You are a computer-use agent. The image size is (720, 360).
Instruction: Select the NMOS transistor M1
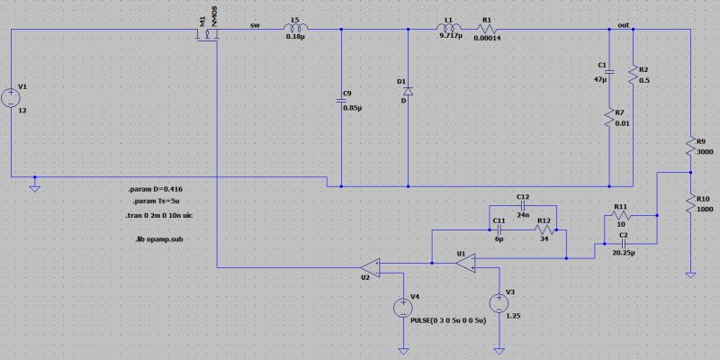point(210,34)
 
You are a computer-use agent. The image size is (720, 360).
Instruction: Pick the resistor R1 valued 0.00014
point(487,28)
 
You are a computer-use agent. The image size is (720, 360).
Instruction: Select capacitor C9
point(342,100)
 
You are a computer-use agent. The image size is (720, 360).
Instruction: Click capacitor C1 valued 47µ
point(610,71)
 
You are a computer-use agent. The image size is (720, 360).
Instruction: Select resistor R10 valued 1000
point(688,203)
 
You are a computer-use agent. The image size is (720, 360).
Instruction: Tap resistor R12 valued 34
point(544,229)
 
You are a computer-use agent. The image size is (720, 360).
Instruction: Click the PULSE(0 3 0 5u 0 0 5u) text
point(448,320)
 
